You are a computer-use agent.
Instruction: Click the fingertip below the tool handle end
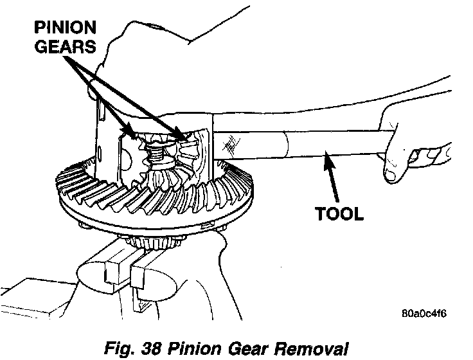tap(392, 174)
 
